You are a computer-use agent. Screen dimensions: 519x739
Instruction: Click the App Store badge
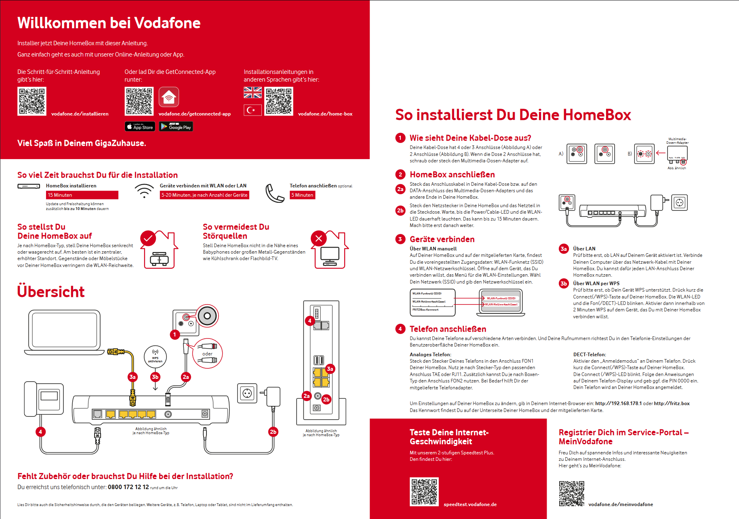pos(140,127)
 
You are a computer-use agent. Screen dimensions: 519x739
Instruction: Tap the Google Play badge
pos(176,127)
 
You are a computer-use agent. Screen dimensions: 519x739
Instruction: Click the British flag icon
pos(253,93)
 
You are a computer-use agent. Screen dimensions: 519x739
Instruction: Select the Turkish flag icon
pos(253,110)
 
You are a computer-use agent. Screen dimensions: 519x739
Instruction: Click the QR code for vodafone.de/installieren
pos(32,101)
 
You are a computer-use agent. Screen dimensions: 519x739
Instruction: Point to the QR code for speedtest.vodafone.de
pos(424,492)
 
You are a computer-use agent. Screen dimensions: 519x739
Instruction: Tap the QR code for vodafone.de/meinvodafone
pos(571,493)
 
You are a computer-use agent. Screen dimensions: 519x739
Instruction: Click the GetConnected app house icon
pos(169,97)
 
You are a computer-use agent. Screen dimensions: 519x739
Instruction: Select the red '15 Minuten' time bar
pos(82,195)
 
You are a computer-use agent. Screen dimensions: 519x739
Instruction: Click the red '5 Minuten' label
pos(302,195)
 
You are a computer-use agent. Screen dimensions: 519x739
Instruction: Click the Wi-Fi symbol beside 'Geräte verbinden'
pos(144,191)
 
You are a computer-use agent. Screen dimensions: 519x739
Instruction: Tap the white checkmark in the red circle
pos(148,238)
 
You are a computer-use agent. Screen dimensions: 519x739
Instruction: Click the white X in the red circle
pos(319,238)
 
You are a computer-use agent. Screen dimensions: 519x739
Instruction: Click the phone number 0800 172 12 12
pos(128,487)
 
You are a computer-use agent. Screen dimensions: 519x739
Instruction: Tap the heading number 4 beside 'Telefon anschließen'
pos(400,329)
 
